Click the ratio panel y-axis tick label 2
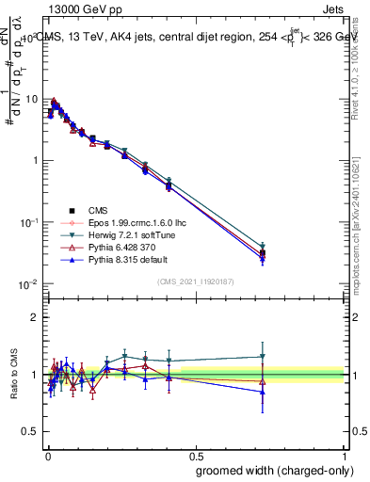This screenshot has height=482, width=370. click(35, 317)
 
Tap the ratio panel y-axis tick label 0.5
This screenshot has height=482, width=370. click(30, 432)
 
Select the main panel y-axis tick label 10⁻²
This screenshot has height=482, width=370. click(28, 284)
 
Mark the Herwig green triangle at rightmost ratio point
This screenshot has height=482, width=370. click(263, 357)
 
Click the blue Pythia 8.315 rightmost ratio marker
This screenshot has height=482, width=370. click(263, 391)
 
